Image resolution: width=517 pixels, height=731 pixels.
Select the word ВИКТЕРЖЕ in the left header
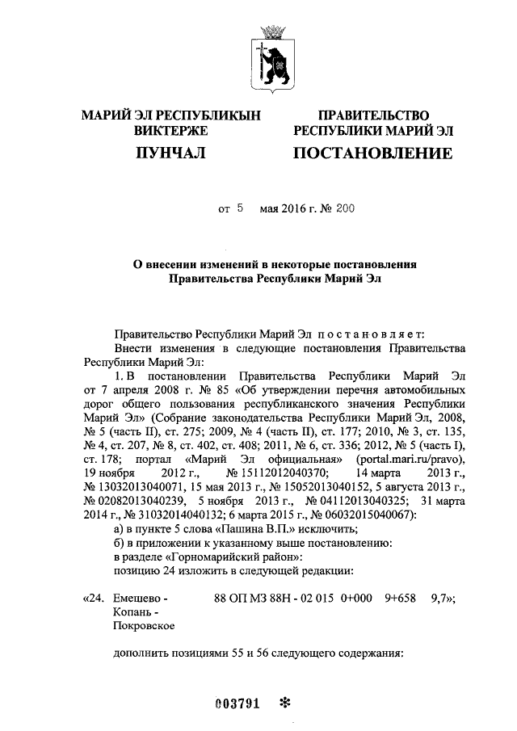point(170,131)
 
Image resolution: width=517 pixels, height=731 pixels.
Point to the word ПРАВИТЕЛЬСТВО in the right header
point(372,116)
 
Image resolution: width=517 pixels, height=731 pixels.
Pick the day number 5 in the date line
point(240,208)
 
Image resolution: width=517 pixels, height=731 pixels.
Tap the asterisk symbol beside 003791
point(284,702)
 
